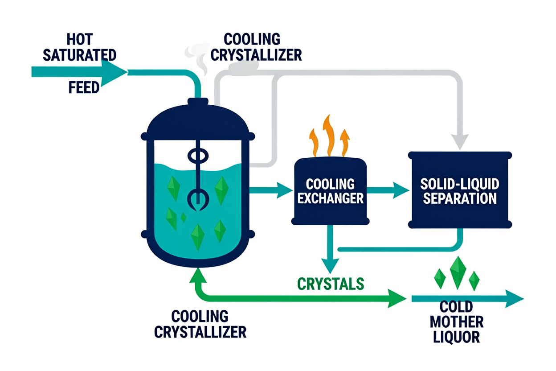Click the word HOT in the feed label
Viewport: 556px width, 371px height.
click(80, 39)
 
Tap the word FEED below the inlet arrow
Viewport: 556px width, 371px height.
click(84, 87)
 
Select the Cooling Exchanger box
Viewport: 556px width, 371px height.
click(330, 191)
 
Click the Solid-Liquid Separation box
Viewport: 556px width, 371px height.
click(460, 190)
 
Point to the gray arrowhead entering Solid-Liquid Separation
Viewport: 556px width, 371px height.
click(460, 142)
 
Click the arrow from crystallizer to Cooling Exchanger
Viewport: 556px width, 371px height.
click(271, 190)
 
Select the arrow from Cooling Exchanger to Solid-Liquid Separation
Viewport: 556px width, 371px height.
click(388, 190)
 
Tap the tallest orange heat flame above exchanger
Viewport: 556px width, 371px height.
click(328, 136)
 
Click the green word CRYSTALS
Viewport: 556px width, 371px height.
click(331, 284)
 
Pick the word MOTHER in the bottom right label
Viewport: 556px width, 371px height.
click(457, 322)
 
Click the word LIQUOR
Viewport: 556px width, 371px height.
click(457, 337)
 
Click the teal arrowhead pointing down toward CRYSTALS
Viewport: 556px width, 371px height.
click(330, 266)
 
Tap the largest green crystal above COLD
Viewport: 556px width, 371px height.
click(458, 273)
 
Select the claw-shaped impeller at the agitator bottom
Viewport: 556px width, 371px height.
click(198, 200)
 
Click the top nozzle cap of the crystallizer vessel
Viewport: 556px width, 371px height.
click(198, 101)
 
